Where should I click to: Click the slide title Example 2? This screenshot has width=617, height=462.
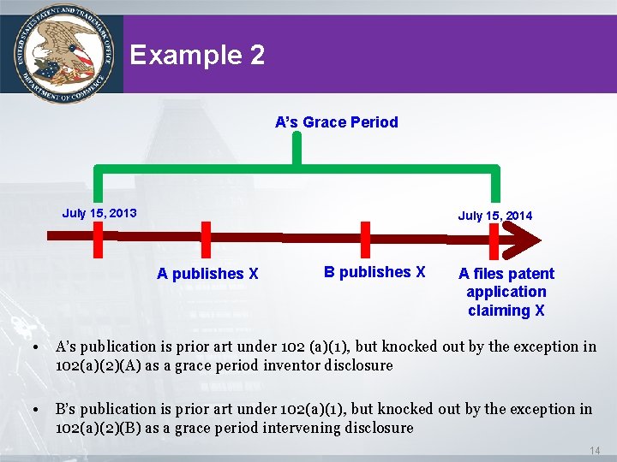[x=197, y=56]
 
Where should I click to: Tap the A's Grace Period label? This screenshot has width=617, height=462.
[x=336, y=121]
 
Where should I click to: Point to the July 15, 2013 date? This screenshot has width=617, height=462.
[x=99, y=212]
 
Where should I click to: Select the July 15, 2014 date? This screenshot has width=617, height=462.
[x=494, y=216]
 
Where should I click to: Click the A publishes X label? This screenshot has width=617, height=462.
[x=207, y=274]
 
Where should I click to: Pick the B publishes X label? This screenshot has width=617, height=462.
[x=374, y=272]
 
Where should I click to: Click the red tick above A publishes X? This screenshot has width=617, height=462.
[x=206, y=239]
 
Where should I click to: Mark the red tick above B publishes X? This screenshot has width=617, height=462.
[x=365, y=239]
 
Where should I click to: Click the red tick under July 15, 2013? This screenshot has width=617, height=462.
[x=99, y=239]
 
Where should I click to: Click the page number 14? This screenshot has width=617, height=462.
[x=595, y=450]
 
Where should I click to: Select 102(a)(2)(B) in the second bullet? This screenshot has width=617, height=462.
[x=95, y=428]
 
